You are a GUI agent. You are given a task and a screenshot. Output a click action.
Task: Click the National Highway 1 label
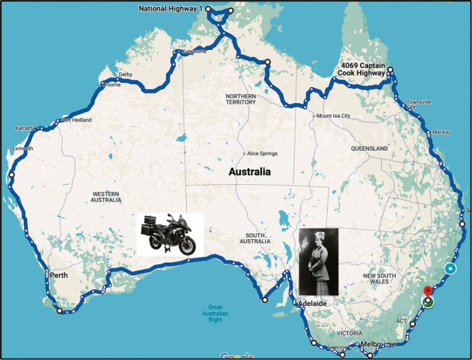170,9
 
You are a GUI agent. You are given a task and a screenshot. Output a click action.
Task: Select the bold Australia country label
250,172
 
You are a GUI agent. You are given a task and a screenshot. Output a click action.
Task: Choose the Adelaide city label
312,304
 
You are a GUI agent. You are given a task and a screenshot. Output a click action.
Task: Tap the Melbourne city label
378,344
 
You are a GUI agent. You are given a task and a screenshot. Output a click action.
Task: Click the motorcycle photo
170,234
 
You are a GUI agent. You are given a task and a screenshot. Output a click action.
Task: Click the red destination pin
428,292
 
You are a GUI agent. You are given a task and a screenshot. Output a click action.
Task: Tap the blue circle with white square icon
451,269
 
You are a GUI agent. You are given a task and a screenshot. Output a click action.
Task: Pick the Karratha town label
25,128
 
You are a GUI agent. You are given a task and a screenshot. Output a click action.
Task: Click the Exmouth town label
22,148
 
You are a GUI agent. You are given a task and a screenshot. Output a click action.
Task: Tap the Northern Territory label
240,99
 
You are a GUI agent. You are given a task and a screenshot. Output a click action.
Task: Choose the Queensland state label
369,149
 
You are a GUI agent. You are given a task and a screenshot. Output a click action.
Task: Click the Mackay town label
442,132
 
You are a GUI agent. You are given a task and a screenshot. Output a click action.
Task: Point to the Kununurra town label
194,51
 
